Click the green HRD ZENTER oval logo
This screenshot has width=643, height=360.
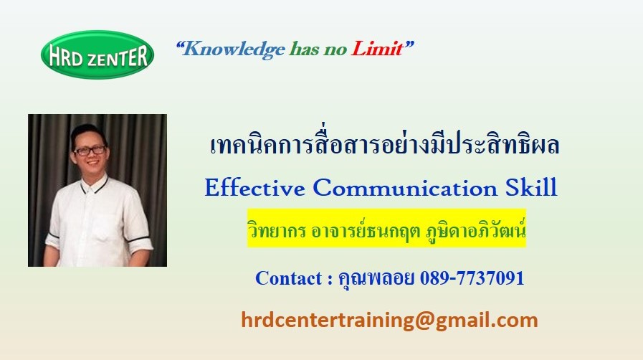tap(97, 55)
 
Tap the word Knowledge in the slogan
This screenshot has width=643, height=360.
tap(234, 49)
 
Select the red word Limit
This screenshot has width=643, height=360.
tap(377, 49)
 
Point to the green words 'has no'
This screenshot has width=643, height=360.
tap(318, 49)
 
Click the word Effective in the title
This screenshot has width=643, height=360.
tap(254, 188)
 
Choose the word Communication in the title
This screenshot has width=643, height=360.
tap(405, 188)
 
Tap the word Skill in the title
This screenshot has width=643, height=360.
tap(531, 187)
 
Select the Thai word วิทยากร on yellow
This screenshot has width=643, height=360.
tap(277, 230)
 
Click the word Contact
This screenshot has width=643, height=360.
tap(288, 278)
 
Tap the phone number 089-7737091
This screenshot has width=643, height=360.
tap(472, 278)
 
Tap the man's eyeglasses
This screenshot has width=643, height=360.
tap(89, 151)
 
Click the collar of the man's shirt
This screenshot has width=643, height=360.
tap(95, 184)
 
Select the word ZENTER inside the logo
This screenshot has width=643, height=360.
tap(118, 57)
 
